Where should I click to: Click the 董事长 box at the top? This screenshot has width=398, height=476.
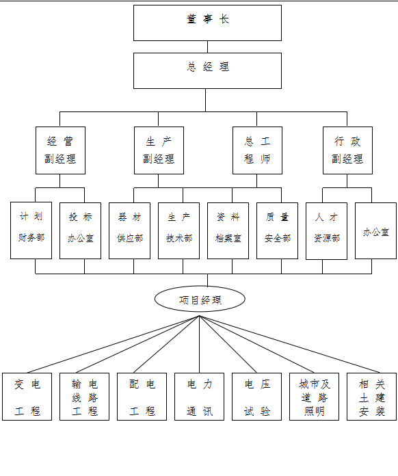click(x=207, y=23)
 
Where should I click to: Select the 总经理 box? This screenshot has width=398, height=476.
click(x=207, y=70)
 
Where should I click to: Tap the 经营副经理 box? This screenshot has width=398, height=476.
click(x=60, y=150)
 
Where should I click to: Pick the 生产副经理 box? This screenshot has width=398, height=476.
click(x=159, y=150)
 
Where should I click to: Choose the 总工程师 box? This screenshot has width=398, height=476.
click(x=257, y=150)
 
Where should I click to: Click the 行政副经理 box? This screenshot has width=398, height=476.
click(x=347, y=150)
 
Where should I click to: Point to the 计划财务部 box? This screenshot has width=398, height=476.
click(x=31, y=230)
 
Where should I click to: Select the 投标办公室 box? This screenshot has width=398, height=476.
click(x=80, y=230)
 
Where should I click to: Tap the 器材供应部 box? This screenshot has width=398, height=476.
click(x=130, y=230)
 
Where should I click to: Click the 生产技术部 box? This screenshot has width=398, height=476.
click(x=178, y=230)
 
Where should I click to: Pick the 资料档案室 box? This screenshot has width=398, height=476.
click(x=228, y=230)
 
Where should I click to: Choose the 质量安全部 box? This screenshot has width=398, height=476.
click(x=277, y=230)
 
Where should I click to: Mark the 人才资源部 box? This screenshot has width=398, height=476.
click(x=326, y=231)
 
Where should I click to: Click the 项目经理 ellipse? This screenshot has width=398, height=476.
click(x=200, y=299)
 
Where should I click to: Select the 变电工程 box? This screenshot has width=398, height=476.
click(x=27, y=397)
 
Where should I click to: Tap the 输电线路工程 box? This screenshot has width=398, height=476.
click(x=84, y=397)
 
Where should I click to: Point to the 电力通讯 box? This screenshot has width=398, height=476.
click(x=199, y=397)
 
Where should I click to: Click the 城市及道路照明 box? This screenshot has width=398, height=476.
click(x=314, y=397)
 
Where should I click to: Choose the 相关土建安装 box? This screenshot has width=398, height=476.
click(x=371, y=397)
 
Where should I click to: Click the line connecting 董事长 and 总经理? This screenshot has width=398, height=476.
click(x=208, y=47)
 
